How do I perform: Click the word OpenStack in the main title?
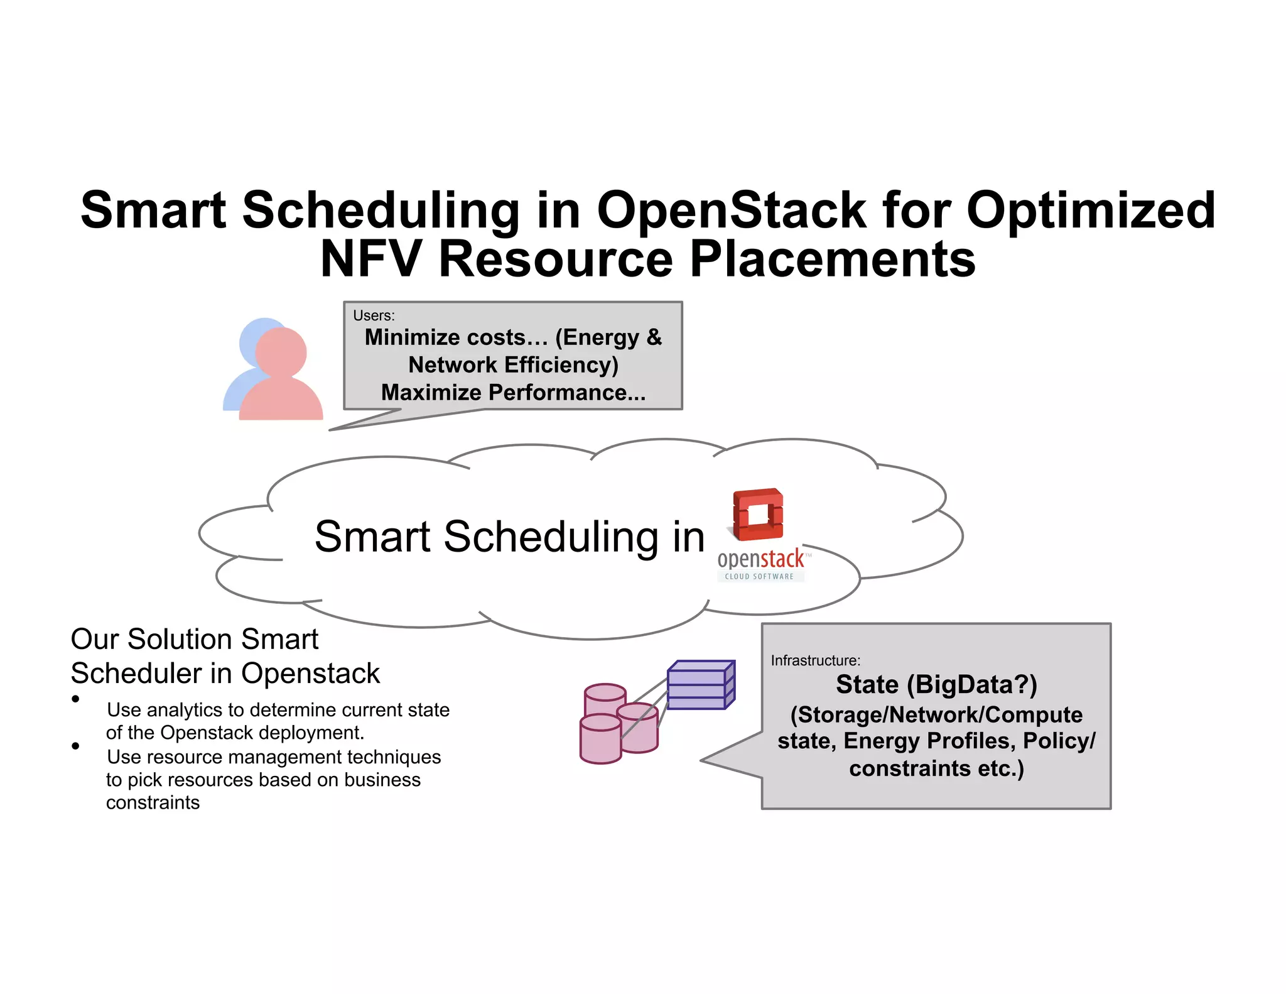(731, 210)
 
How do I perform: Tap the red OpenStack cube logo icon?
(758, 514)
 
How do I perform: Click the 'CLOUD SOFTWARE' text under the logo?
(759, 576)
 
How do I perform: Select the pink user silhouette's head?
(281, 352)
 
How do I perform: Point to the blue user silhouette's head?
(254, 336)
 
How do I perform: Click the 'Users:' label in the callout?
(374, 315)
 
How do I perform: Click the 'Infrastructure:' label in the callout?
(815, 660)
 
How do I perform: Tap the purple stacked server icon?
(700, 685)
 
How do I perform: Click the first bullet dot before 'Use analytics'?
(75, 699)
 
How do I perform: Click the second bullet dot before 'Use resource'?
(75, 746)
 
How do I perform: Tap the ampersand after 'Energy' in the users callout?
(654, 337)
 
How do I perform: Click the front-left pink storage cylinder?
(600, 739)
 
